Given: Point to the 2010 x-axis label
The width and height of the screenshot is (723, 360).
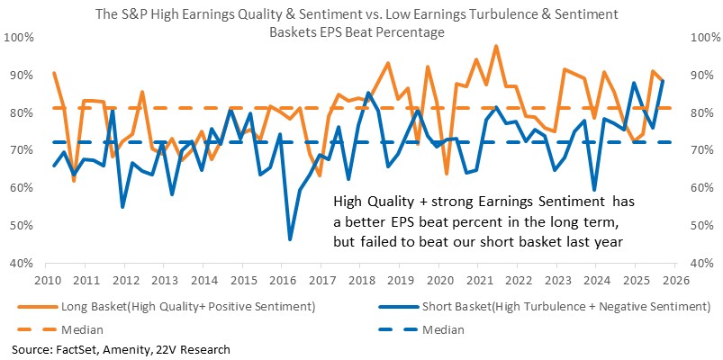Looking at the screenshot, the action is pyautogui.click(x=45, y=281).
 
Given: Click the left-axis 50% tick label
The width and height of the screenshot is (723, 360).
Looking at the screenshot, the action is pyautogui.click(x=22, y=226).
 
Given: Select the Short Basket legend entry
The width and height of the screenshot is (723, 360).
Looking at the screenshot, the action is pyautogui.click(x=540, y=308).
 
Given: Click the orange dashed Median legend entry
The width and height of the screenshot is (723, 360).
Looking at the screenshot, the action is pyautogui.click(x=60, y=330).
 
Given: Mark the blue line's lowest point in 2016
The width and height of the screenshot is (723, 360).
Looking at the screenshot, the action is pyautogui.click(x=290, y=239).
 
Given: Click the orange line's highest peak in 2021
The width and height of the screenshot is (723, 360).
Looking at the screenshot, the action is pyautogui.click(x=496, y=46).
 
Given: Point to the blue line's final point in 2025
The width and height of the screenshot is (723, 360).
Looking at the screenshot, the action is pyautogui.click(x=663, y=81).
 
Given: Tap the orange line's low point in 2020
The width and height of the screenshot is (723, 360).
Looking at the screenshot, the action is pyautogui.click(x=447, y=175).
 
